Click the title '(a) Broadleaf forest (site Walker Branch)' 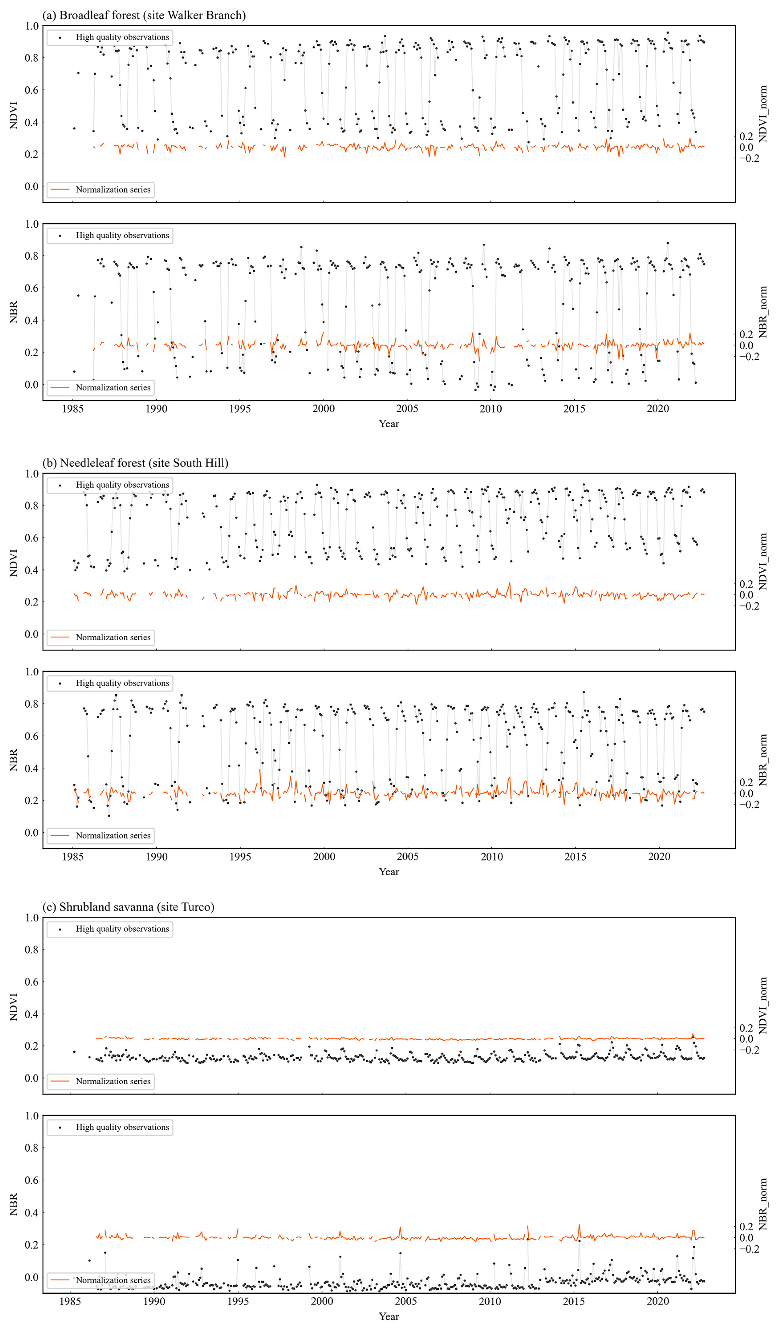tap(144, 15)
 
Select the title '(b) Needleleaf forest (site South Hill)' tap(136, 463)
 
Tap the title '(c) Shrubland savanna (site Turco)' tap(128, 907)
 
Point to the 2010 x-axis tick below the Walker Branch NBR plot tap(490, 409)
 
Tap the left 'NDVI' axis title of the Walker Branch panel tap(14, 115)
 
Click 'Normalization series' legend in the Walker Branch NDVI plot tap(113, 190)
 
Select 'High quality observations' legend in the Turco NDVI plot tap(122, 929)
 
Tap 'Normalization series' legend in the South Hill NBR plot tap(113, 835)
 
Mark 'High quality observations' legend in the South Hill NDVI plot tap(122, 484)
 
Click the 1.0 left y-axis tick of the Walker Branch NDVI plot tap(32, 26)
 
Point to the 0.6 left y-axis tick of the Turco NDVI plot tap(32, 982)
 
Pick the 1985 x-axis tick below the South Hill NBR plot tap(73, 856)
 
